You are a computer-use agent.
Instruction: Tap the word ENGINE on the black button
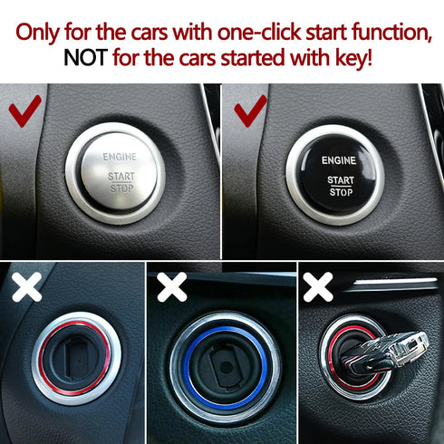340,159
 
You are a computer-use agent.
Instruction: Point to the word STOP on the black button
341,191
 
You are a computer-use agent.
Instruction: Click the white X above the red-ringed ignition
28,288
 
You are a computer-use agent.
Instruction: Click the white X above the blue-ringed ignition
171,288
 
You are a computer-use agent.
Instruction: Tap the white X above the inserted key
319,288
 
